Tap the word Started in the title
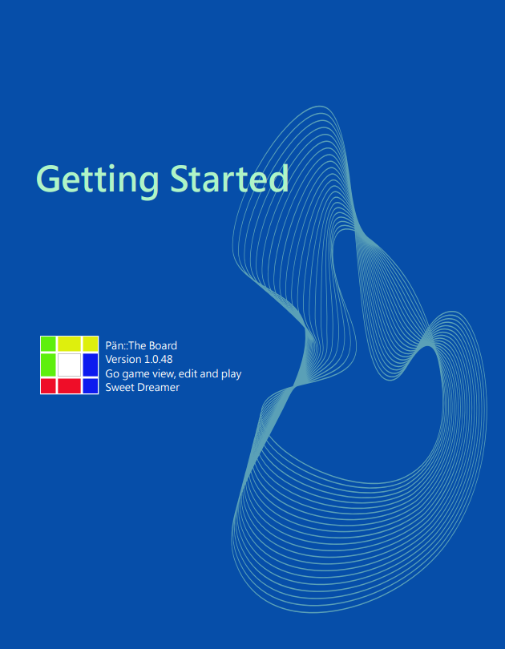[229, 179]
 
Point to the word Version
[121, 359]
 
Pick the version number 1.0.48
[156, 359]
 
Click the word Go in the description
[111, 373]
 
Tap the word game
[132, 375]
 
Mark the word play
[231, 374]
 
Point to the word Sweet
[118, 388]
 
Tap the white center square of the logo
[69, 365]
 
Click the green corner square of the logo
[48, 344]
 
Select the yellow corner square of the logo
[91, 344]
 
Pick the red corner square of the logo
[48, 385]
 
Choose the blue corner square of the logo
[91, 385]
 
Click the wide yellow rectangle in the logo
[69, 344]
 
